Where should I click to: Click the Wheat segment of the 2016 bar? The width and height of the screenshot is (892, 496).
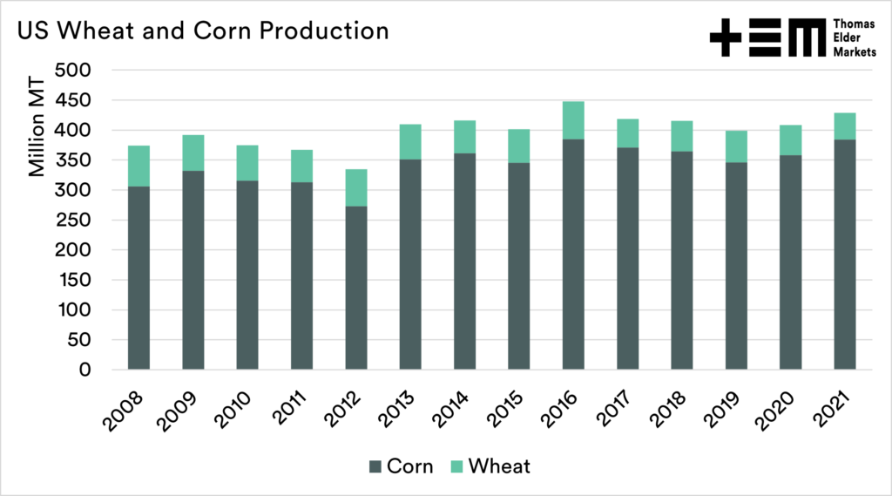tap(573, 120)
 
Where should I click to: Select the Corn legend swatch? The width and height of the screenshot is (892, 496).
tap(375, 466)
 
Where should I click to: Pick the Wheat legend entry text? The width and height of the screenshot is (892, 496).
tap(499, 466)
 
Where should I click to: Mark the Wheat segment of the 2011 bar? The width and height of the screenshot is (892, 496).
tap(301, 166)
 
